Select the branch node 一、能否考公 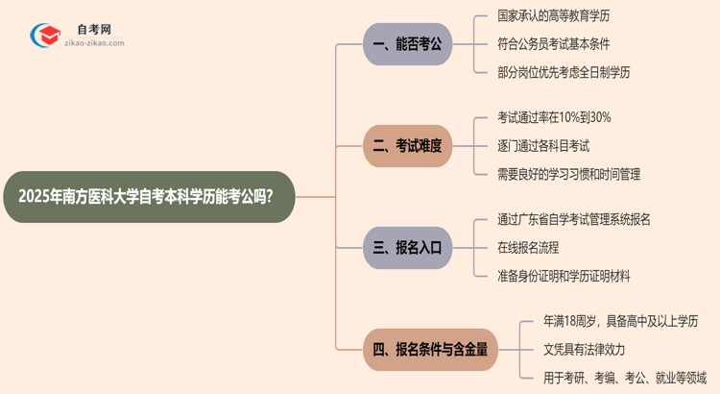[x=408, y=44]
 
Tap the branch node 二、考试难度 [x=408, y=146]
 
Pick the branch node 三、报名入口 [x=408, y=248]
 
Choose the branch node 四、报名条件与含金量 [x=430, y=350]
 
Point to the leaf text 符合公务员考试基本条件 [x=554, y=44]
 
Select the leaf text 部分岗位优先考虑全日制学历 [x=564, y=72]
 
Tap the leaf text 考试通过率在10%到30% [x=554, y=118]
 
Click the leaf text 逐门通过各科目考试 [x=543, y=146]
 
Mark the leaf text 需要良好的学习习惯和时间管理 [x=569, y=174]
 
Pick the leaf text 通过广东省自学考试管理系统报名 [x=574, y=220]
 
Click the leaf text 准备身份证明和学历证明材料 [x=564, y=276]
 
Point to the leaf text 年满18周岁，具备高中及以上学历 [x=619, y=322]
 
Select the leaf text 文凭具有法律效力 [x=584, y=350]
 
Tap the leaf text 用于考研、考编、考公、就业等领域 [x=624, y=378]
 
